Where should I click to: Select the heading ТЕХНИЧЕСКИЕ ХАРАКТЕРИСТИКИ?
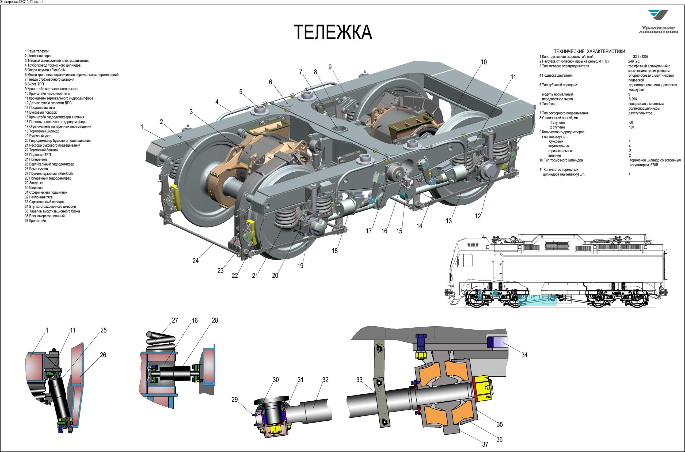point(589,51)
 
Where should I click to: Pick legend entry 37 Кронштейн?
point(35,221)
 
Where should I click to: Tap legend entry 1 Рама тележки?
point(37,51)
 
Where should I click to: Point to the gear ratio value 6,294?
point(633,99)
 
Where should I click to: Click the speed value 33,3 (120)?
point(640,57)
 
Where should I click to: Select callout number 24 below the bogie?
point(195,261)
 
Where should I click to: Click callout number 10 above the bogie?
point(484,62)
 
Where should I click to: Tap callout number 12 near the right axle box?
point(478,216)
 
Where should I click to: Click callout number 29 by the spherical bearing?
point(235,399)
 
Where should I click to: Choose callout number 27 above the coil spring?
point(175,320)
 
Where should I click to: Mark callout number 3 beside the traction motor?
point(191,111)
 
